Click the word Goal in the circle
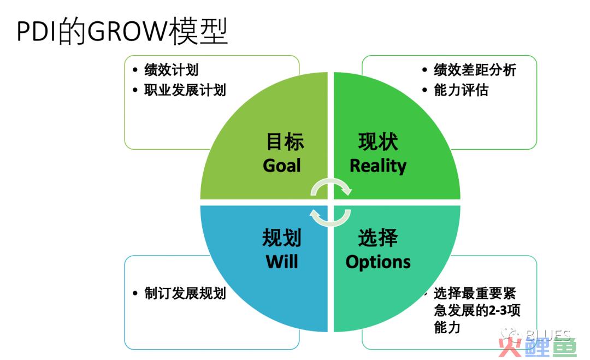point(282,166)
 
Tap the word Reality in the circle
point(378,166)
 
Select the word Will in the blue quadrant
point(282,262)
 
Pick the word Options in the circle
point(378,262)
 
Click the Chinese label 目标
point(285,142)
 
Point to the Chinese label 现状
point(378,142)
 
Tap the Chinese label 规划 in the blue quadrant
point(282,238)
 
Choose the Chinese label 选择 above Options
point(378,238)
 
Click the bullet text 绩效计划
point(171,69)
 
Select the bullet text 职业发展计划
point(185,90)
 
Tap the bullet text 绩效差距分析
point(475,69)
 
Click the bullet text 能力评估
point(461,90)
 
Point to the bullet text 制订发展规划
point(185,293)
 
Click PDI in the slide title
point(37,32)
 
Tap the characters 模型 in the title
point(198,31)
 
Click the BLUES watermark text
point(548,334)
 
